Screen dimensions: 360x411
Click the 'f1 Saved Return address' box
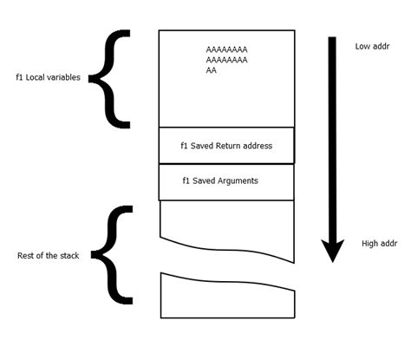(x=226, y=146)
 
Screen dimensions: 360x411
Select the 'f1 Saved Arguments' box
(x=226, y=180)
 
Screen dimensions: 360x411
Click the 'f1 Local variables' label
(x=49, y=77)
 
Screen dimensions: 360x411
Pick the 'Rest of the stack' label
(x=49, y=256)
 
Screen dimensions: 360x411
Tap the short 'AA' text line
(x=212, y=71)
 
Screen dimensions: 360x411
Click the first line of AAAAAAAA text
(x=226, y=50)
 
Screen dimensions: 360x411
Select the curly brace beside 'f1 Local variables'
(x=111, y=76)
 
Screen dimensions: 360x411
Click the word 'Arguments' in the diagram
(x=238, y=180)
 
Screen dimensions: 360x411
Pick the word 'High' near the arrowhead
(x=369, y=244)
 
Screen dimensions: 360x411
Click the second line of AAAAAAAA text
(x=226, y=61)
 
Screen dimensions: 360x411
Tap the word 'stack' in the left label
(x=68, y=256)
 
